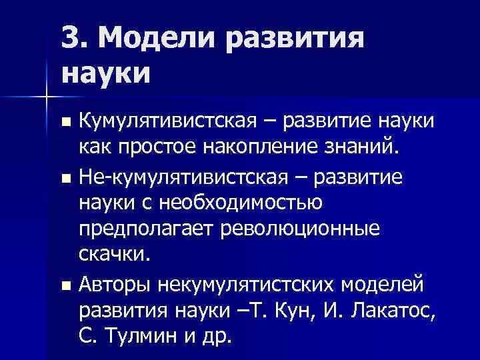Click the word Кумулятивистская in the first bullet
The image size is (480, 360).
[167, 123]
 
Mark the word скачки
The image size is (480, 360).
[115, 255]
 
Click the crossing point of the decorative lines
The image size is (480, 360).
[46, 98]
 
